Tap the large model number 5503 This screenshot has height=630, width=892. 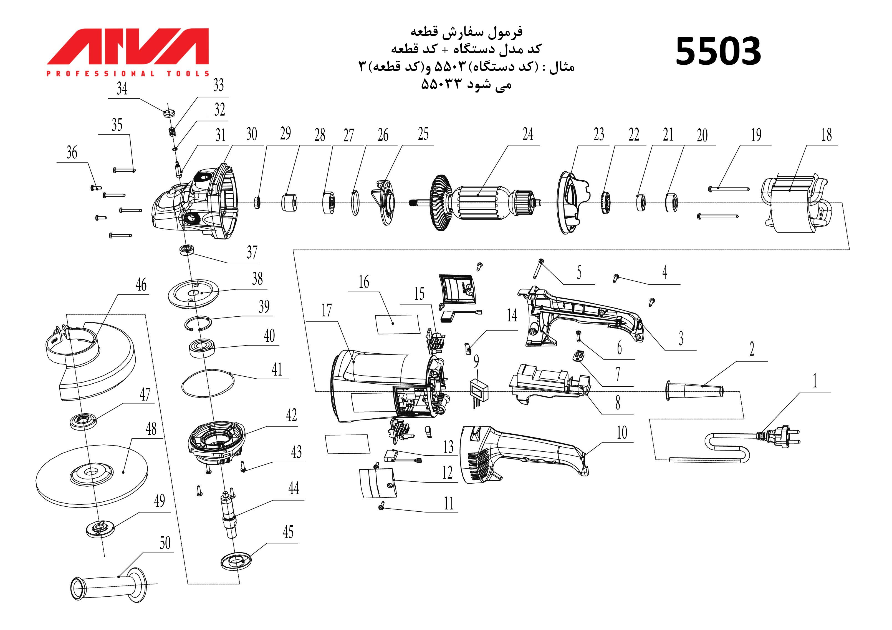tap(718, 51)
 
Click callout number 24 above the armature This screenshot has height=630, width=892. tap(528, 134)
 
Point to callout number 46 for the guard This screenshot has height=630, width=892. tap(141, 285)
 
